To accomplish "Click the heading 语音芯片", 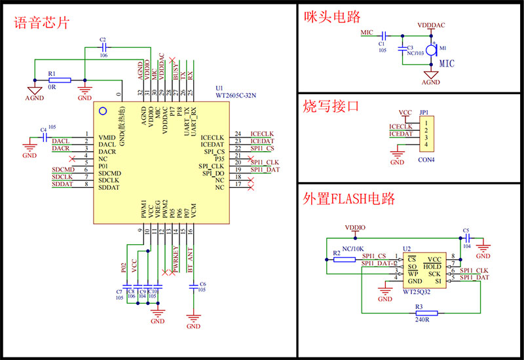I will click(42, 24).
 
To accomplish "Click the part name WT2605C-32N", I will click(236, 96).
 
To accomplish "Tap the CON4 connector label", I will click(426, 159).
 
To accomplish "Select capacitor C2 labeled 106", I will click(103, 48).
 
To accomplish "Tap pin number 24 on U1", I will click(238, 134).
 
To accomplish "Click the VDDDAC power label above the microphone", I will click(431, 25).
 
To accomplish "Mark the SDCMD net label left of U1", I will click(63, 170).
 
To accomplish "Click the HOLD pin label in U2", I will click(432, 266).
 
